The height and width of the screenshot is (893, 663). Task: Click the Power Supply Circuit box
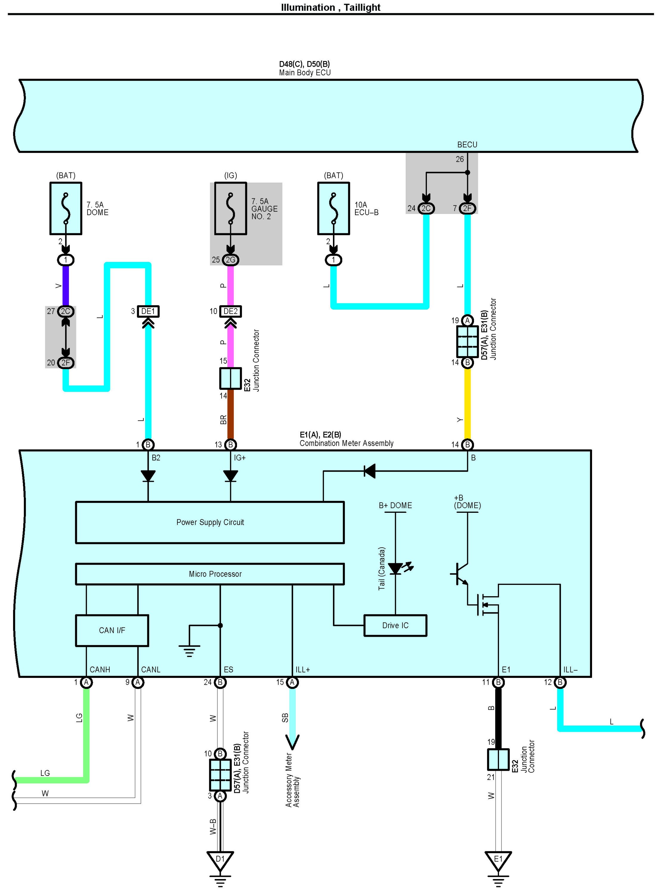(x=210, y=522)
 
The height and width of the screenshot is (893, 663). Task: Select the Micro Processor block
(x=210, y=574)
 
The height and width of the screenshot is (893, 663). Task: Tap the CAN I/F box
(x=112, y=630)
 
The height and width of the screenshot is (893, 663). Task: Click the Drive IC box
(x=395, y=625)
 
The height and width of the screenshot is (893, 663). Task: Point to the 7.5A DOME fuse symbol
(x=66, y=208)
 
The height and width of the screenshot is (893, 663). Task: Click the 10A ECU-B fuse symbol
(x=334, y=208)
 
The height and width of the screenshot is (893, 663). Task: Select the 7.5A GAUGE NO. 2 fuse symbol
(x=230, y=208)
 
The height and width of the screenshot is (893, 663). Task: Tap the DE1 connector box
(x=148, y=311)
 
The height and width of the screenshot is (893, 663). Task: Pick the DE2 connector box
(x=230, y=311)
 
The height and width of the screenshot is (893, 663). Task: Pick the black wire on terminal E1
(x=498, y=718)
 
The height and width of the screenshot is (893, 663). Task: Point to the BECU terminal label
(x=467, y=145)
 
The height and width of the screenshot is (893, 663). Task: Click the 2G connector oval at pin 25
(x=230, y=260)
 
